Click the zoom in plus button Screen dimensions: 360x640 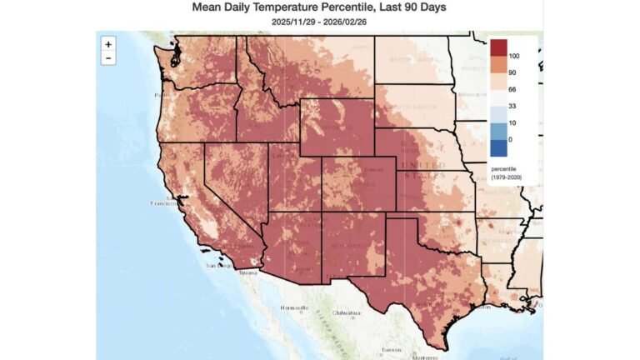point(108,44)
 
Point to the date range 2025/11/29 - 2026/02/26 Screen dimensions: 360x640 point(319,21)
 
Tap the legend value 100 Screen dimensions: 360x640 point(514,56)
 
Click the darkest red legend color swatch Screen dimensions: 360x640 point(498,47)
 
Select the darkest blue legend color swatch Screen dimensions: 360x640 point(498,147)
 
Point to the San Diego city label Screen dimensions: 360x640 point(217,265)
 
